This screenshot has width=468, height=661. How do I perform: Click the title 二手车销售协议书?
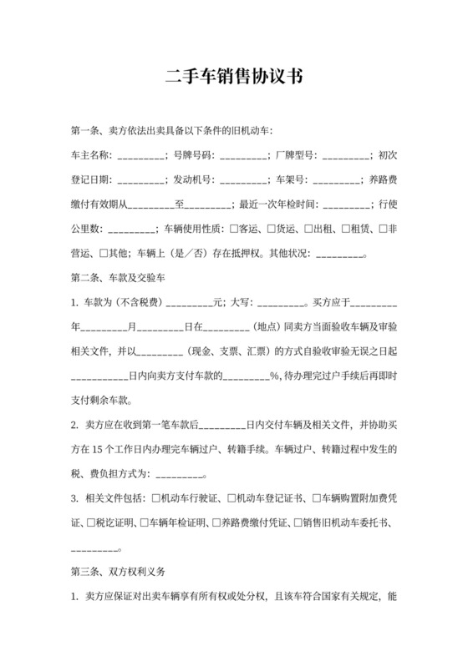[233, 78]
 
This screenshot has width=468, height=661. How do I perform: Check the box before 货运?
[271, 228]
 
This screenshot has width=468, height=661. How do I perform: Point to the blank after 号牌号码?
[243, 156]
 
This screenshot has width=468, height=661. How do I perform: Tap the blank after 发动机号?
[243, 180]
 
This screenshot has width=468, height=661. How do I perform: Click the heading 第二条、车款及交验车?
[122, 276]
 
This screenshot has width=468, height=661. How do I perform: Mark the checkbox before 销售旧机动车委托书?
[302, 523]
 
